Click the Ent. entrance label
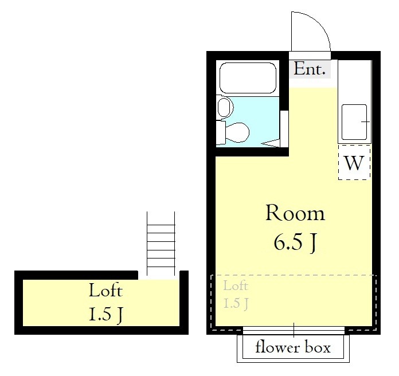pyautogui.click(x=310, y=69)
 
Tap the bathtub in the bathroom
pyautogui.click(x=248, y=78)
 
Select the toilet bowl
pyautogui.click(x=238, y=132)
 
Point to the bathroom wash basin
pyautogui.click(x=225, y=107)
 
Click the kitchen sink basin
pyautogui.click(x=354, y=122)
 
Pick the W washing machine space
pyautogui.click(x=354, y=162)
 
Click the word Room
pyautogui.click(x=295, y=213)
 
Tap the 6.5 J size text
pyautogui.click(x=295, y=242)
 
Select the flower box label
pyautogui.click(x=293, y=347)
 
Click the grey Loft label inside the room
pyautogui.click(x=236, y=285)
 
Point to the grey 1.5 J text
pyautogui.click(x=236, y=303)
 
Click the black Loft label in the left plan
pyautogui.click(x=105, y=290)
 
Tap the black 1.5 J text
pyautogui.click(x=105, y=315)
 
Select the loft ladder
pyautogui.click(x=161, y=244)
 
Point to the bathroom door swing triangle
pyautogui.click(x=271, y=143)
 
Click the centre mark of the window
pyautogui.click(x=294, y=330)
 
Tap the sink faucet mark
pyautogui.click(x=365, y=122)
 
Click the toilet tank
pyautogui.click(x=221, y=133)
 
